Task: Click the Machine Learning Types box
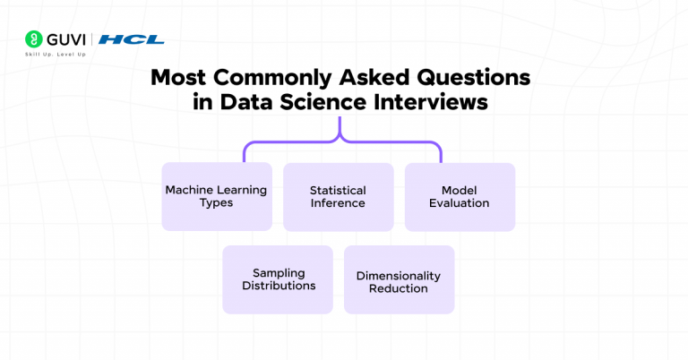pos(216,196)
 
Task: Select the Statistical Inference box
pos(338,196)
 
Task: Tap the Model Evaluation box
pos(460,196)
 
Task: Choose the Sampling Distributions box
pos(278,279)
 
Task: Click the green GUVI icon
pos(34,39)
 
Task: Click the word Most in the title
pos(174,77)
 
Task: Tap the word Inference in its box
pos(338,203)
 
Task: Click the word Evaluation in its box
pos(460,203)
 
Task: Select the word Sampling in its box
pos(278,272)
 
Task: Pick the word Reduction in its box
pos(399,288)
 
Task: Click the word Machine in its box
pos(189,190)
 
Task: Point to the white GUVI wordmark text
pos(64,39)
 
